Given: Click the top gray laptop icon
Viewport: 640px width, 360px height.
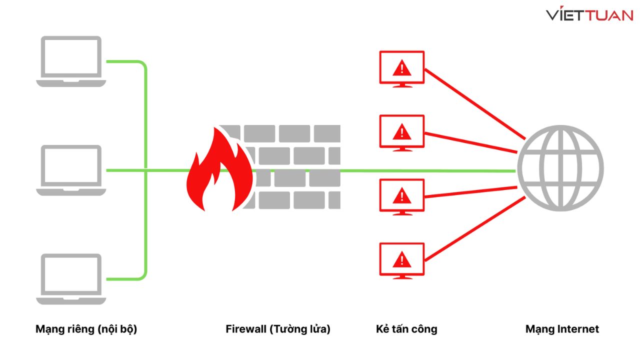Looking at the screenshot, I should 71,61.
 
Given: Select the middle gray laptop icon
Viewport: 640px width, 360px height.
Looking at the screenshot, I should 71,170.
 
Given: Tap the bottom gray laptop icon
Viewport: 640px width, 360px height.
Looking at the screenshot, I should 71,279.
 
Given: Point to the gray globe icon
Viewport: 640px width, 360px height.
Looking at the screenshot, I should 560,168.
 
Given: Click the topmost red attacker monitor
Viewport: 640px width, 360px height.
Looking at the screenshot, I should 401,68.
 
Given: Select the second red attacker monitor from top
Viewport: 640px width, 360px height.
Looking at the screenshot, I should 401,132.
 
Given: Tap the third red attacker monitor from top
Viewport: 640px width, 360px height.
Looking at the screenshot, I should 401,196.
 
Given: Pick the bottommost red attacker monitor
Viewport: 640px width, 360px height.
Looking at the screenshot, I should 401,260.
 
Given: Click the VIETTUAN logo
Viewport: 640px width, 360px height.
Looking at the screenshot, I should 589,15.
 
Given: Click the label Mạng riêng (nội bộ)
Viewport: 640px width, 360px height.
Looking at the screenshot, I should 86,329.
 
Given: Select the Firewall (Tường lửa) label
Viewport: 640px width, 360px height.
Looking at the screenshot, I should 278,329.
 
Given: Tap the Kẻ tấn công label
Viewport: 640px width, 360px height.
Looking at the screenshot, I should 406,329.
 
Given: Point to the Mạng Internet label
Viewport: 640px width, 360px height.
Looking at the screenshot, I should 562,329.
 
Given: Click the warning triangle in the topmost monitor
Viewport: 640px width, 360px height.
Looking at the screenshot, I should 401,67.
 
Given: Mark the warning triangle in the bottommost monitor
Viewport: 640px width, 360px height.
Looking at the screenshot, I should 401,259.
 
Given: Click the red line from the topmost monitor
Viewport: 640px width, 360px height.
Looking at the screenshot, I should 475,105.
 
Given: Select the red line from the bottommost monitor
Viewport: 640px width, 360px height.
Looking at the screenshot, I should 475,230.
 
